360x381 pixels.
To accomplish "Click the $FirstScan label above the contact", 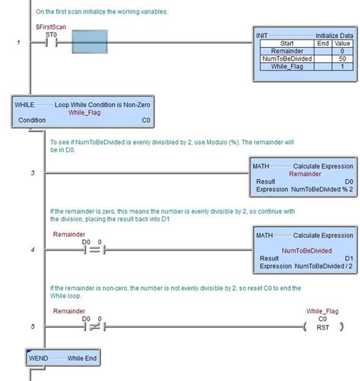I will point(49,27).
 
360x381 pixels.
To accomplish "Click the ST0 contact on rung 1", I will point(52,43).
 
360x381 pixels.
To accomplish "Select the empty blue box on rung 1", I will point(93,42).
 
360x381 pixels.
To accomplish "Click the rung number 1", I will point(19,43).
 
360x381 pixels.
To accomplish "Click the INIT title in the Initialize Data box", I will point(264,36).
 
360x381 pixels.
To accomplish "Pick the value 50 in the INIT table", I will point(342,58).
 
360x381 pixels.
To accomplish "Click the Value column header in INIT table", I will point(342,43).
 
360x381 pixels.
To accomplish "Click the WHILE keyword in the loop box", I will point(25,102).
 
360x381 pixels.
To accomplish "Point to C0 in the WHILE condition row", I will point(146,120).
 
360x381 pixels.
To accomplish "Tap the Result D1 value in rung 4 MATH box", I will point(348,259).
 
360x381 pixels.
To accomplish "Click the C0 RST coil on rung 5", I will point(324,326).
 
